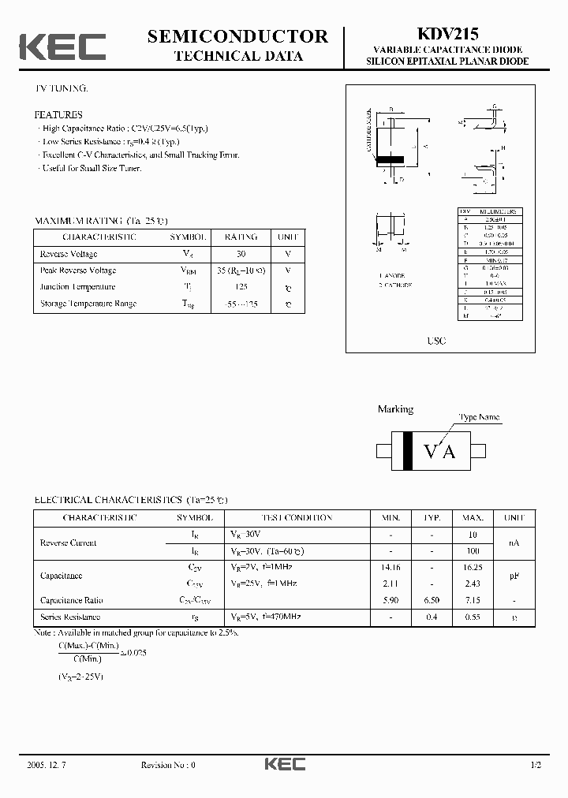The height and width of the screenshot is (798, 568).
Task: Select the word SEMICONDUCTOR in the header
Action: (x=237, y=36)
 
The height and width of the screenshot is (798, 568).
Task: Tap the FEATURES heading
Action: (x=58, y=114)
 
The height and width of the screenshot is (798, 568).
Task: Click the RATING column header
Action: (x=241, y=237)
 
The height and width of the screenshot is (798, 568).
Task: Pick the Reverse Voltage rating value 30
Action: (x=241, y=254)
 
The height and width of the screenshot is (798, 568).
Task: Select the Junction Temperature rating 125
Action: (x=241, y=287)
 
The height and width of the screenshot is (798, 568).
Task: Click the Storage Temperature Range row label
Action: (x=88, y=304)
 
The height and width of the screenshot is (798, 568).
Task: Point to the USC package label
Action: (x=436, y=341)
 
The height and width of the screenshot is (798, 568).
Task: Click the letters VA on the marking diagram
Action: (x=439, y=451)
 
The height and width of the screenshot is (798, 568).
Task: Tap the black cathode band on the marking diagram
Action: (x=408, y=451)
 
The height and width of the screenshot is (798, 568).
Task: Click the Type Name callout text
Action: (x=480, y=417)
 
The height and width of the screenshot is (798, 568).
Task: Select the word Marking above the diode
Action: (x=395, y=409)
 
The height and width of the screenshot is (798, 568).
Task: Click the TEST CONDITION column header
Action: (x=281, y=518)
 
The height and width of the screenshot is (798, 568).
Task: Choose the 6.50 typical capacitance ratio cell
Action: (x=432, y=600)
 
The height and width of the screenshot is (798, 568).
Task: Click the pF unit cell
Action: (x=514, y=576)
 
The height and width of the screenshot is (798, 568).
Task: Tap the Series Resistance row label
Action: (x=70, y=617)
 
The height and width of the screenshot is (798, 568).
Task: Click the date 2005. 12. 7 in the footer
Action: (x=47, y=765)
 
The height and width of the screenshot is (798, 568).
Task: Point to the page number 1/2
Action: (x=536, y=765)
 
